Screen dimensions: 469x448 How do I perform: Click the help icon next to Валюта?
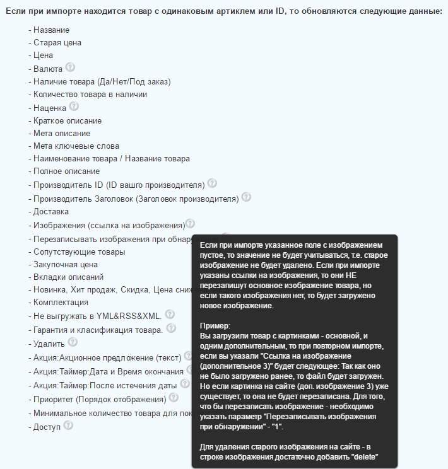tap(70, 67)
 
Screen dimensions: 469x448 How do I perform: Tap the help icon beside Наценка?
tap(74, 107)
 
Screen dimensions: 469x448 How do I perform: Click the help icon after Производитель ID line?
tap(212, 183)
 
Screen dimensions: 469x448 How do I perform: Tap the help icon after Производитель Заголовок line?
tap(246, 197)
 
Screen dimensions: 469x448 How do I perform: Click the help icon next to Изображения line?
tap(190, 224)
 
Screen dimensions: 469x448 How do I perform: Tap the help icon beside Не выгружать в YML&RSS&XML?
tap(169, 314)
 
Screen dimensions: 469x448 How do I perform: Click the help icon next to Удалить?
tap(73, 342)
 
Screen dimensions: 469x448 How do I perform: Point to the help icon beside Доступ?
tap(68, 426)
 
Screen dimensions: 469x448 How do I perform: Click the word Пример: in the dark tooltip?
tap(215, 325)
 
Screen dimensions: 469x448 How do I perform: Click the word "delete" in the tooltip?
tap(362, 457)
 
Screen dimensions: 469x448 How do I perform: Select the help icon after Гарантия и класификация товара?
tap(170, 328)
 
